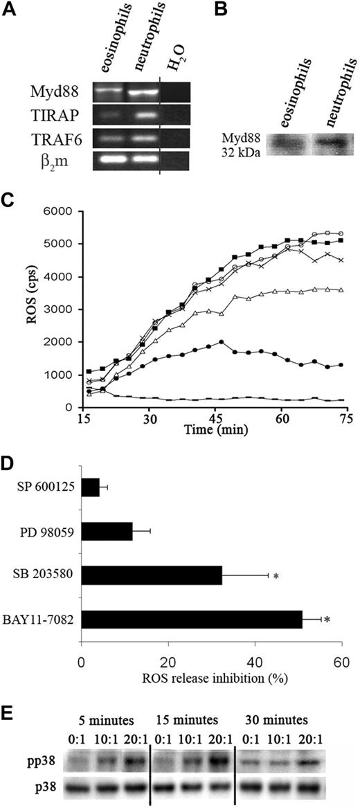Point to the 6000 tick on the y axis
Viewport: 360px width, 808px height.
coord(58,211)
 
